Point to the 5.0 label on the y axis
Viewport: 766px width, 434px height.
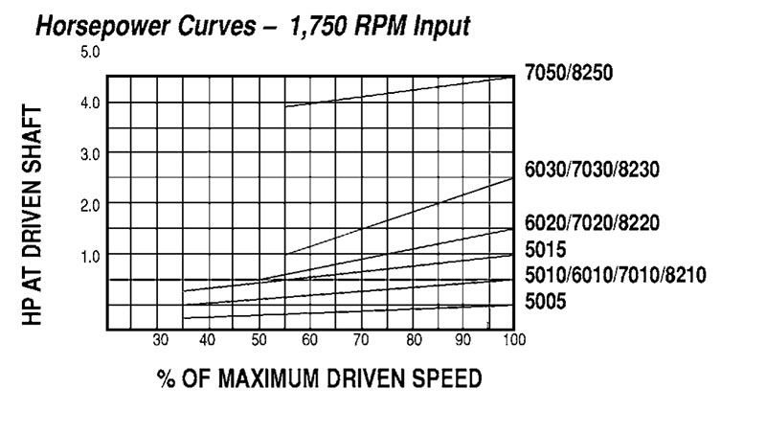click(90, 51)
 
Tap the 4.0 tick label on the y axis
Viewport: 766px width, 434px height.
click(90, 103)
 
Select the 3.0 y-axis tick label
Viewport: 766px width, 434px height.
click(90, 153)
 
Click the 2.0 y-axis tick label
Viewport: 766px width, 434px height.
click(90, 204)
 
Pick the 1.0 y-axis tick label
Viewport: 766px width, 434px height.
click(90, 255)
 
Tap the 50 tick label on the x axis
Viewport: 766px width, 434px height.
click(258, 340)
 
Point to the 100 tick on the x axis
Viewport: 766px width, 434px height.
click(514, 340)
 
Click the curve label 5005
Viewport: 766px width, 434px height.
click(547, 303)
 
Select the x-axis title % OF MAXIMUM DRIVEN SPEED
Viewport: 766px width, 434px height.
click(320, 380)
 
